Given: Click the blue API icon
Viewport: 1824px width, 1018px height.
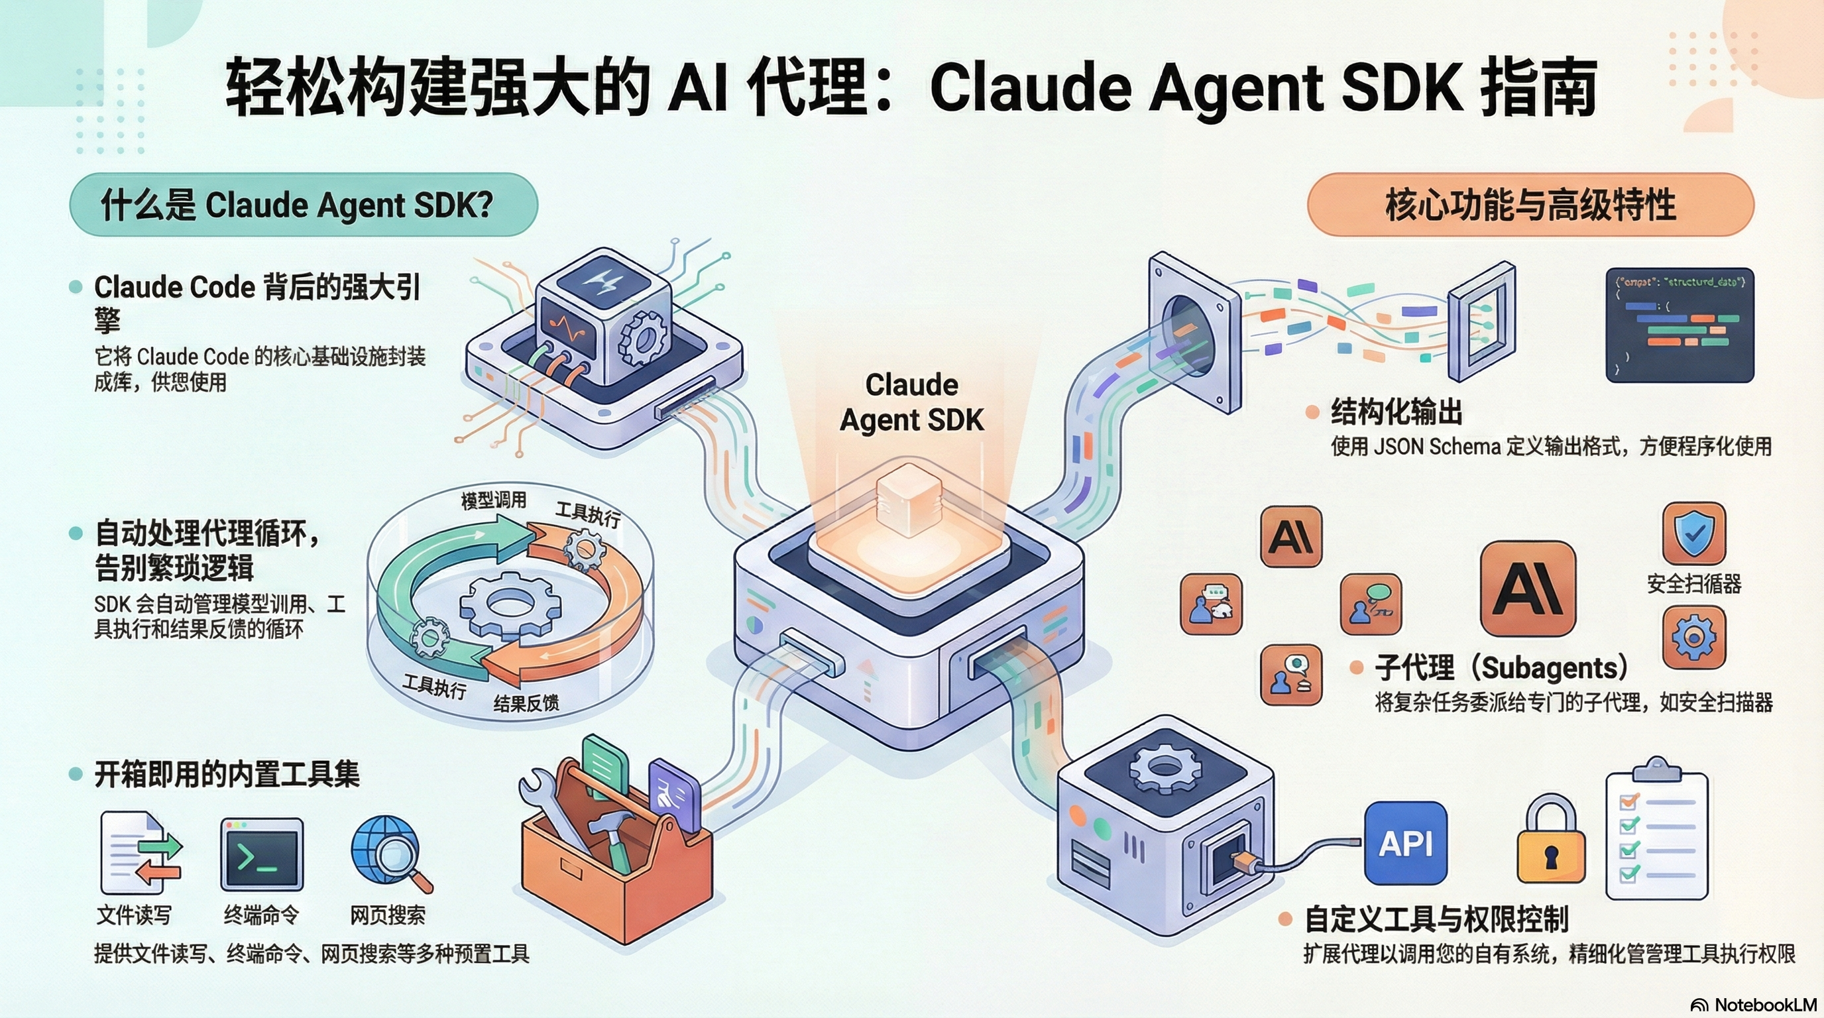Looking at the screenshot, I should [1406, 843].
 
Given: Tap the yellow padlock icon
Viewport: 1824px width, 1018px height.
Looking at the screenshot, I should [1551, 842].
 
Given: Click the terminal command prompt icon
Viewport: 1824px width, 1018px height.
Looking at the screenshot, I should [261, 855].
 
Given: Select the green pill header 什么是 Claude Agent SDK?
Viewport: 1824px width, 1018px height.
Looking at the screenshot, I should [303, 205].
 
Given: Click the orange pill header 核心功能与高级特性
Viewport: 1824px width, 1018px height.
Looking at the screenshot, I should [1530, 205].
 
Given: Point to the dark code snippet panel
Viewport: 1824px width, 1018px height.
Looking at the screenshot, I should [1679, 325].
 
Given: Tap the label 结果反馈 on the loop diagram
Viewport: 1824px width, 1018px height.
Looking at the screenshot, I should [526, 703].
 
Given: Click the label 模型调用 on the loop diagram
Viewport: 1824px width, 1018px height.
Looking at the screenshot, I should [494, 500].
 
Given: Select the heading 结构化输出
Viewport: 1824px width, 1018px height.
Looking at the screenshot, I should [1396, 412].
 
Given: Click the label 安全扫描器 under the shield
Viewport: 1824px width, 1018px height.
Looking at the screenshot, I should [1693, 584].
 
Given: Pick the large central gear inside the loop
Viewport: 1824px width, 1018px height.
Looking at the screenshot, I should [510, 605].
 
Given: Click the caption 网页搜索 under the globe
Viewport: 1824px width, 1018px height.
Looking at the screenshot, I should [387, 915].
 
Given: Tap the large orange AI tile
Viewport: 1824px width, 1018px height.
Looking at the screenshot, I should [1527, 589].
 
